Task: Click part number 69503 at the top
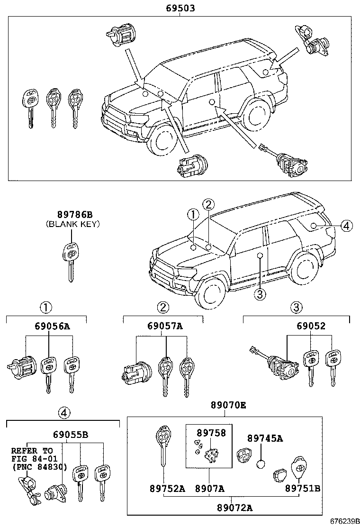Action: point(180,8)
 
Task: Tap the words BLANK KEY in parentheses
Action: point(72,224)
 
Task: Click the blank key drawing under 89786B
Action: point(71,260)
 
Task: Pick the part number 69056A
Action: point(52,326)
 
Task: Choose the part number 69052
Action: point(311,326)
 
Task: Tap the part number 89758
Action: point(211,432)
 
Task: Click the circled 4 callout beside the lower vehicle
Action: point(346,226)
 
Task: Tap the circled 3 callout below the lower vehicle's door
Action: point(260,294)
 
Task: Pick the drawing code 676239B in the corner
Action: point(339,521)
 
